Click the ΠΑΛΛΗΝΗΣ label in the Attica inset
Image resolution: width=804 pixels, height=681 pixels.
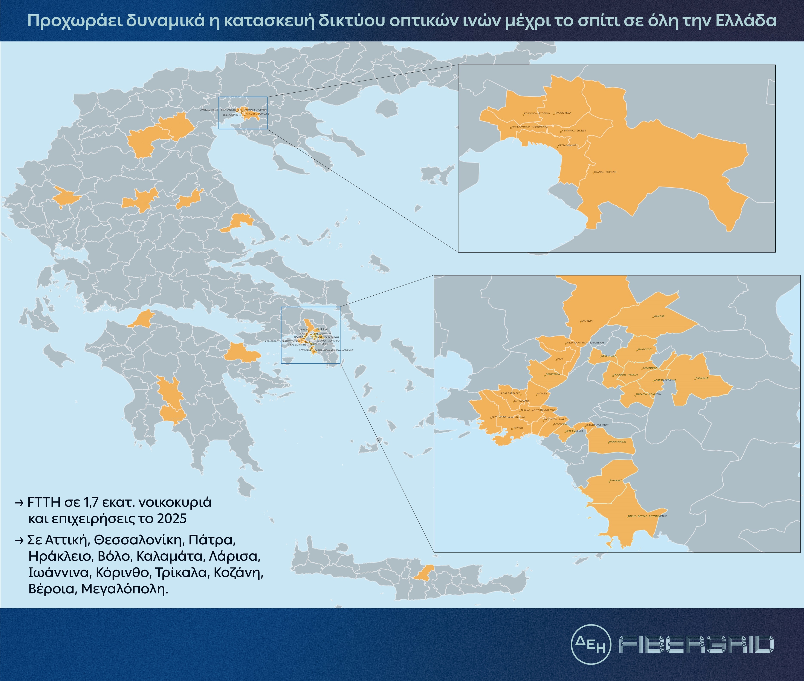point(702,378)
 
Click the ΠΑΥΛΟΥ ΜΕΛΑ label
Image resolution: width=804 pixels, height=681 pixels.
point(563,113)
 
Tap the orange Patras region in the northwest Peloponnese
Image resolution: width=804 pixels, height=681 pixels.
point(142,319)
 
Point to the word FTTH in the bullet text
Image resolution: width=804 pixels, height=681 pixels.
point(44,503)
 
